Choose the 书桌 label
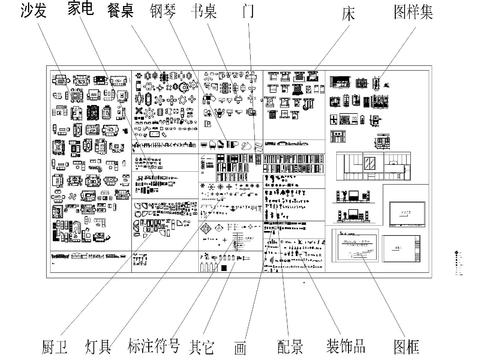(205, 12)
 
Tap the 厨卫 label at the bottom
(55, 347)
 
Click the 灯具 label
(98, 347)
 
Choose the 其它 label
(201, 347)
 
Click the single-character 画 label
(240, 349)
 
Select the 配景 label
(290, 347)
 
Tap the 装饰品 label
(346, 347)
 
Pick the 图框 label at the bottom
(405, 347)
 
